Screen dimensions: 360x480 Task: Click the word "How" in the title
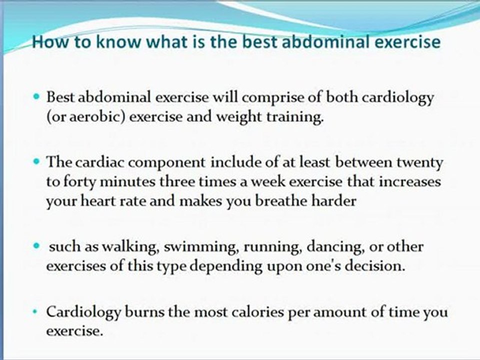point(45,42)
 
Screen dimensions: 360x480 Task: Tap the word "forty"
point(75,181)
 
